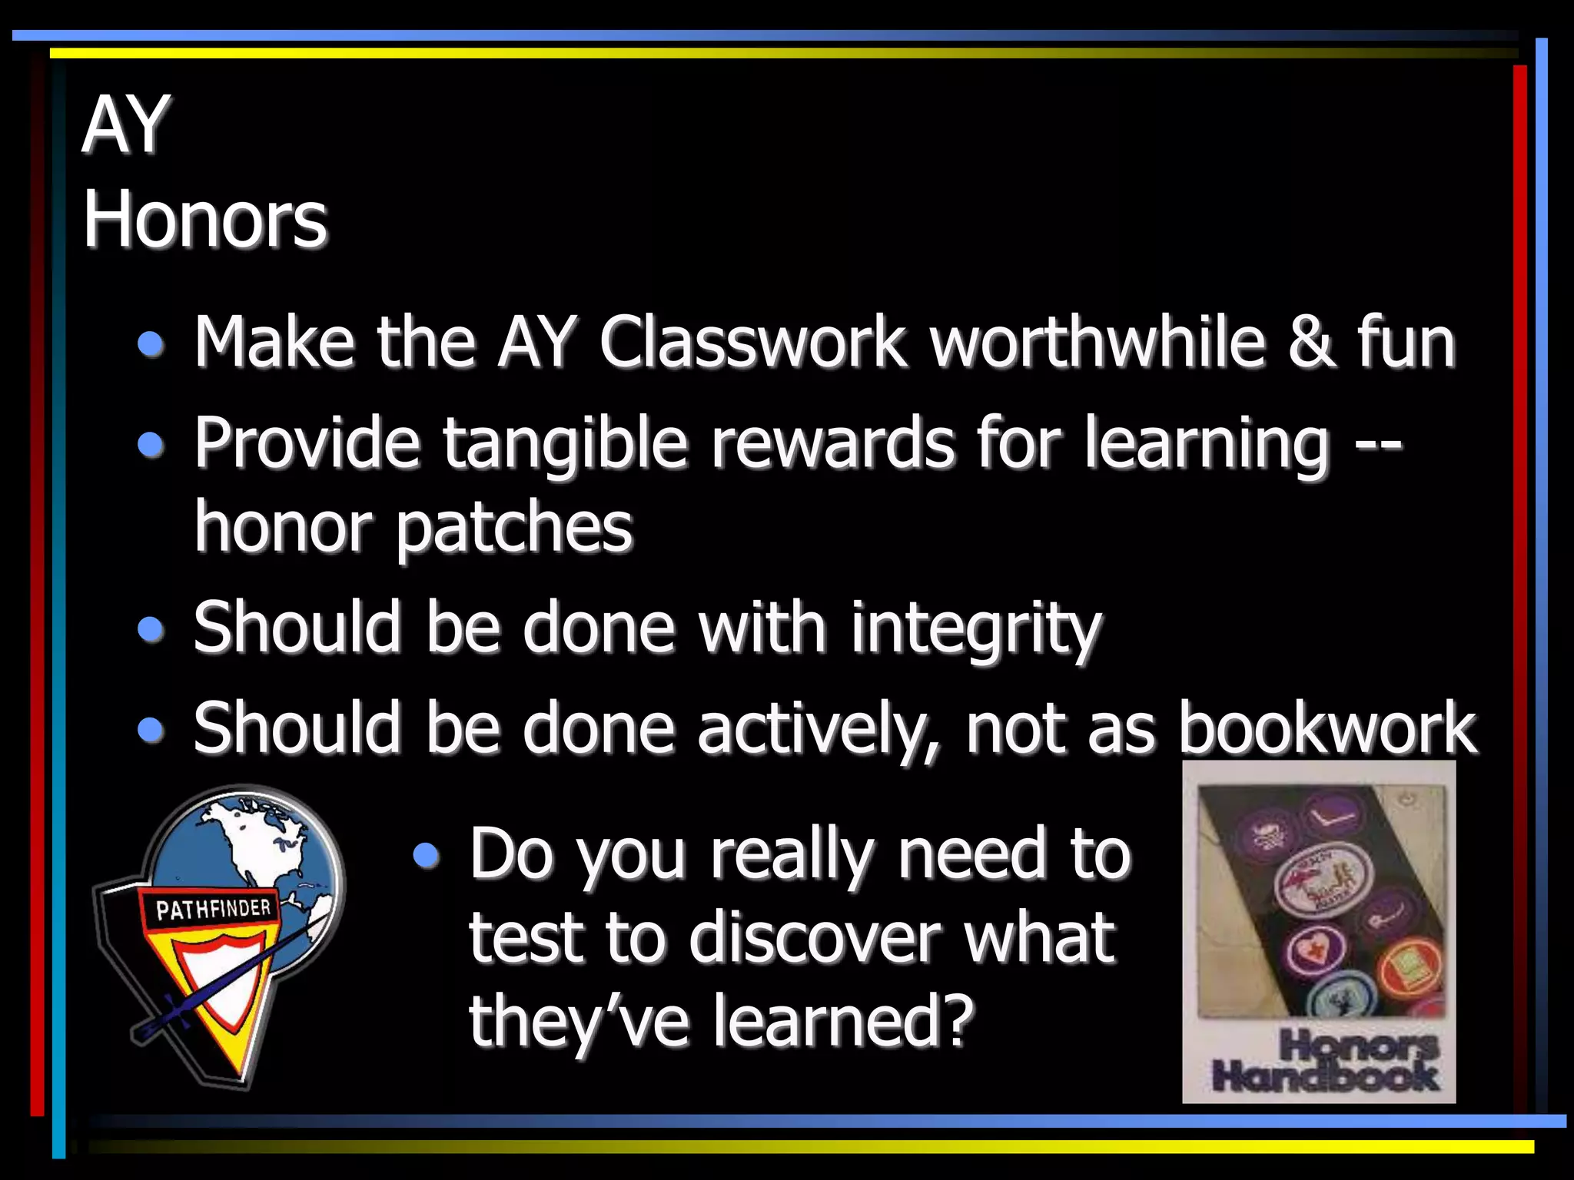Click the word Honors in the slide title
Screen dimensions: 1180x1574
pos(204,220)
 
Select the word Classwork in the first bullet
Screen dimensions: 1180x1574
pos(752,343)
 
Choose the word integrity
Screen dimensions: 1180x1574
pos(975,630)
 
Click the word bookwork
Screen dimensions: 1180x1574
pos(1327,728)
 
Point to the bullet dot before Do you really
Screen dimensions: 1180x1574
pos(426,855)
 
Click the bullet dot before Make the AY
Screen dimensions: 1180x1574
pos(151,344)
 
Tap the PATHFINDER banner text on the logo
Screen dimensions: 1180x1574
pos(213,909)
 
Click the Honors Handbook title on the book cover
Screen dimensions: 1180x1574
pos(1324,1061)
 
